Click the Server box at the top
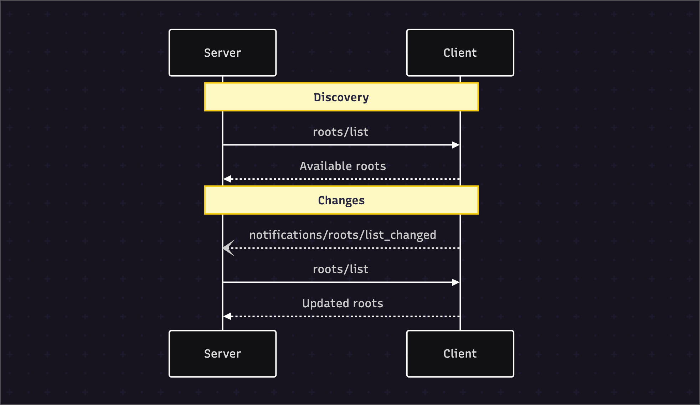222,53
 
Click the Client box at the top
460,53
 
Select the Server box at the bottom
222,354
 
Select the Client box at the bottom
460,354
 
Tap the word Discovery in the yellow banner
341,97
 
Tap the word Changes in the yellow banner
341,200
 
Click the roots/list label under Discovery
340,132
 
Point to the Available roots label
343,166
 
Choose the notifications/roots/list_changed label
343,235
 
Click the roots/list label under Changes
340,269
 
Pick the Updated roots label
343,303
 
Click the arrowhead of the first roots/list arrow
456,145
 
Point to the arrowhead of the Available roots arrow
227,179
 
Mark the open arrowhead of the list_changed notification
228,248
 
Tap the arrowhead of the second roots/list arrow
456,282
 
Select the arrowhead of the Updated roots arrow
227,316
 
